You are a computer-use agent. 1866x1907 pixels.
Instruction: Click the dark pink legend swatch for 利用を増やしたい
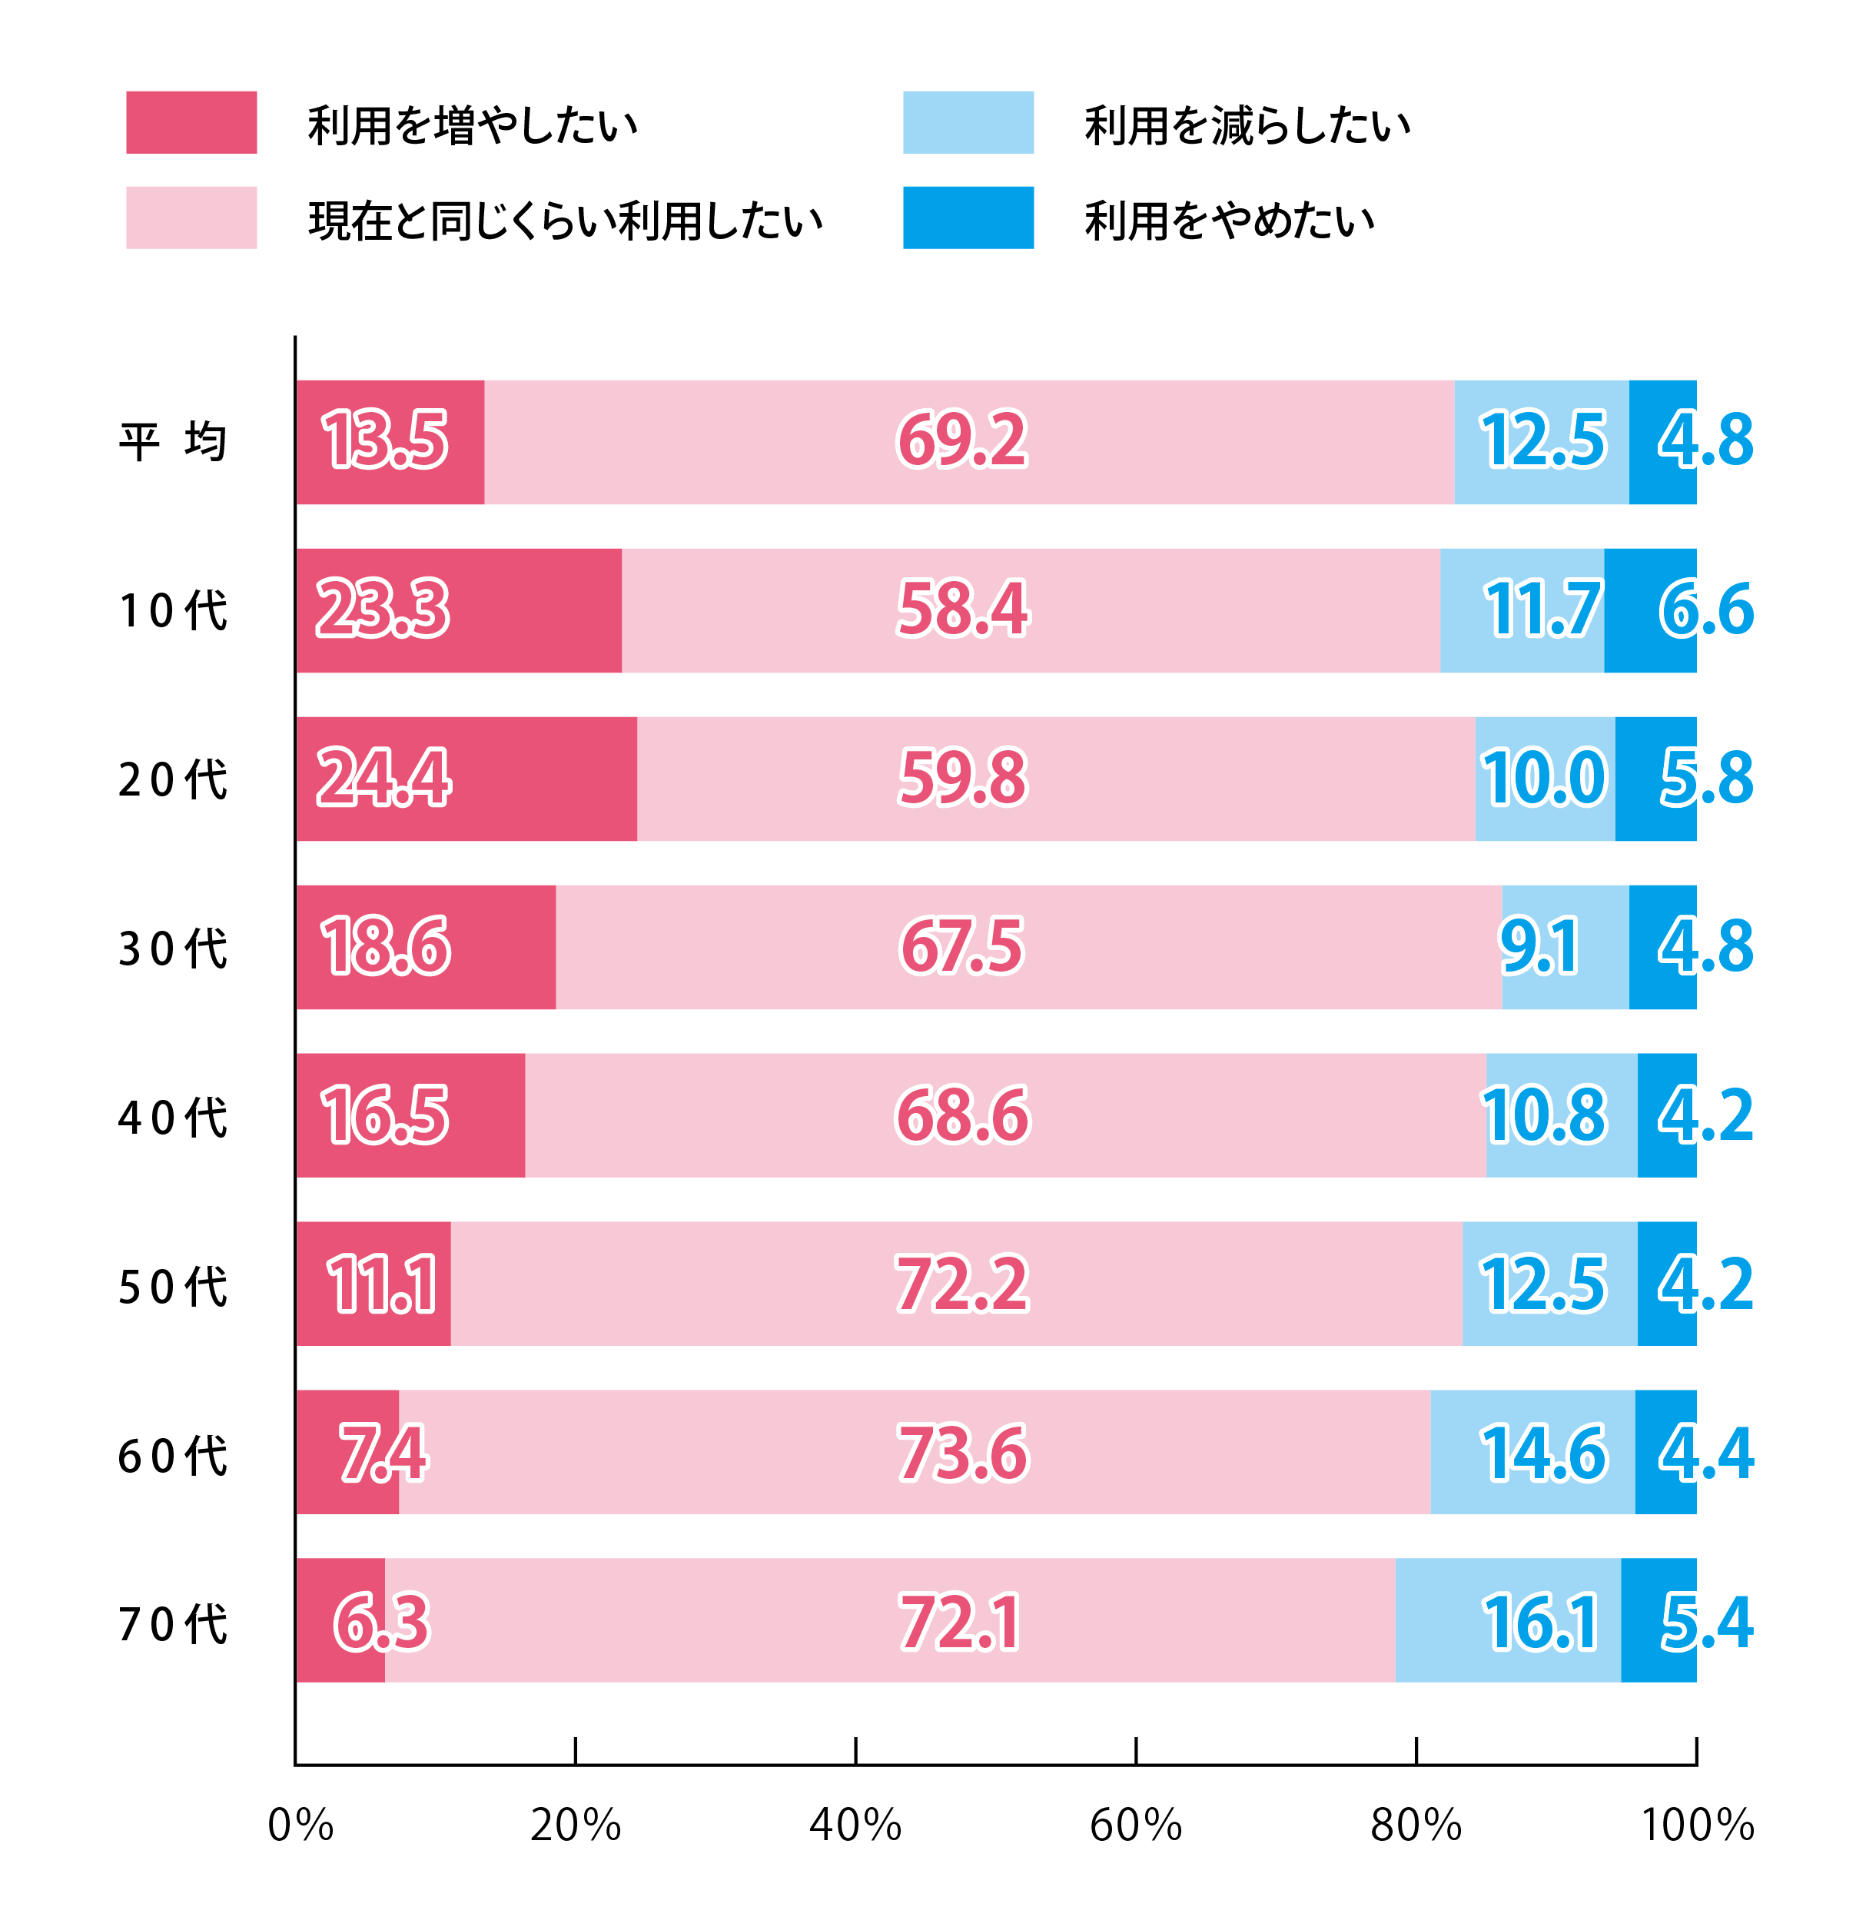point(191,122)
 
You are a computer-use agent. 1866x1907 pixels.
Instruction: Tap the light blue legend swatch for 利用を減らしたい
point(968,122)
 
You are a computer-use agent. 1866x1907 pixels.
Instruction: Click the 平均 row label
point(172,442)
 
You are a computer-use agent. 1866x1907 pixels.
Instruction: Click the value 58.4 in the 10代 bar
point(962,610)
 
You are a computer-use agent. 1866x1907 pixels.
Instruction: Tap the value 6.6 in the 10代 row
point(1706,610)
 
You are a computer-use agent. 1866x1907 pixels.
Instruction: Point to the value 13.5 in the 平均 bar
point(385,440)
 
